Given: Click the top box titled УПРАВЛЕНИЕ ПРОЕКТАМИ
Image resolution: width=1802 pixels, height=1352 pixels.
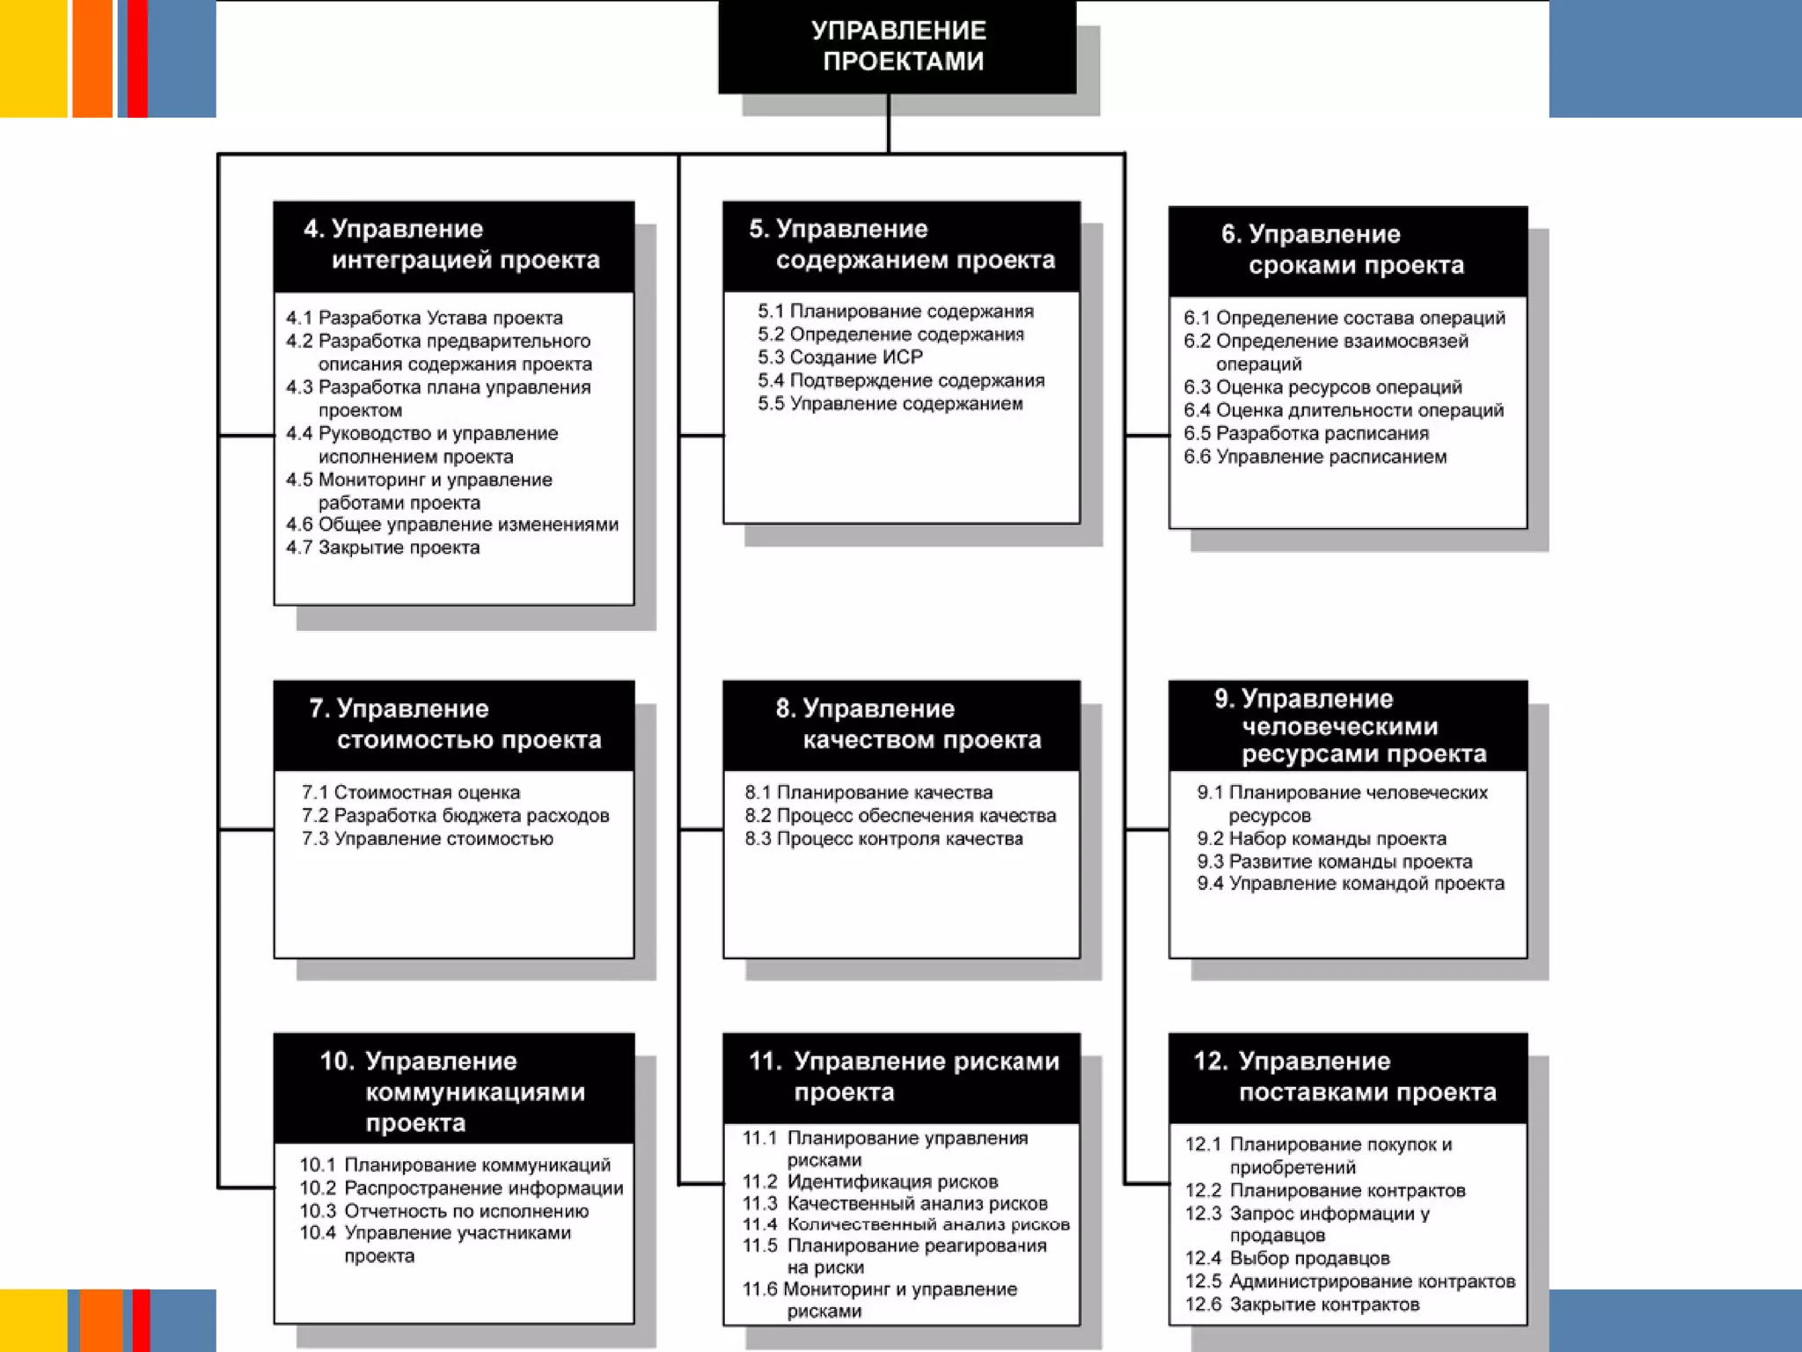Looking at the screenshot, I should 897,46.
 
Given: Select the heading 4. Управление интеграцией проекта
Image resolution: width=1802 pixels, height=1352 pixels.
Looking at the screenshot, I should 453,246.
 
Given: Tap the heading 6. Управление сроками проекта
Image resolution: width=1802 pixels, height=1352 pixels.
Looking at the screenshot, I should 1347,250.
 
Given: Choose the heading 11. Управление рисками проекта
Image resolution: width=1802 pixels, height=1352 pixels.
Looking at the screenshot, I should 901,1076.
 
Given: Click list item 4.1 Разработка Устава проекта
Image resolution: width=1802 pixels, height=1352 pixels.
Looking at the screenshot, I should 424,318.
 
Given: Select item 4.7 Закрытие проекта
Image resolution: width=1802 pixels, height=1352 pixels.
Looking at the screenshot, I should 383,547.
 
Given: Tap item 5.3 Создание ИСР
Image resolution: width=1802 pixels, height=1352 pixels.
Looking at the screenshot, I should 840,357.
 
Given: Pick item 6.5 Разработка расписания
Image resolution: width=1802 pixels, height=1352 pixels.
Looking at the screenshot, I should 1306,433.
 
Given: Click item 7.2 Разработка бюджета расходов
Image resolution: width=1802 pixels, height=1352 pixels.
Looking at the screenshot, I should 455,816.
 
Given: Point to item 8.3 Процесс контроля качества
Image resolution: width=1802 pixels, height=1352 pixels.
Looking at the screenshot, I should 883,839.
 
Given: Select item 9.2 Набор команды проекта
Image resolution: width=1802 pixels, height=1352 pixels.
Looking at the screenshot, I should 1322,839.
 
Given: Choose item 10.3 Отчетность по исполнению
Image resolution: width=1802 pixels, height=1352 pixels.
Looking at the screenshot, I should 444,1211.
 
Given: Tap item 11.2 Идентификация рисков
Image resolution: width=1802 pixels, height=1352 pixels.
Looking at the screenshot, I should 870,1181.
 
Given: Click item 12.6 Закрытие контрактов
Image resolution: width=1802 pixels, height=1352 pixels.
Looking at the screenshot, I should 1302,1304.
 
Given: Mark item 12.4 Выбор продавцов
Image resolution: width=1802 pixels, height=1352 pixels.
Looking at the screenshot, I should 1287,1258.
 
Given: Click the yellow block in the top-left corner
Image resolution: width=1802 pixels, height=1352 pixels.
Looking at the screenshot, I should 33,58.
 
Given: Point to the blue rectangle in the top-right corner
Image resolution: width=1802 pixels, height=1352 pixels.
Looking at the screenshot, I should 1674,58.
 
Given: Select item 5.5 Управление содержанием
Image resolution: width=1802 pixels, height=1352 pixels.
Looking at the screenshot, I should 890,404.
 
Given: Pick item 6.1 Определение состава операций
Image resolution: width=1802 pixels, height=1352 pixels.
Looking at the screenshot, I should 1344,318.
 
